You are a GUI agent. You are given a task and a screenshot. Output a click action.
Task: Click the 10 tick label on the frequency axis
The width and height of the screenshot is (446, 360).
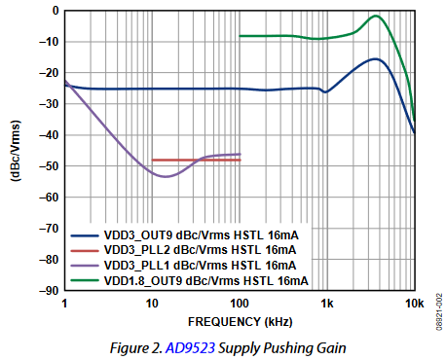click(152, 303)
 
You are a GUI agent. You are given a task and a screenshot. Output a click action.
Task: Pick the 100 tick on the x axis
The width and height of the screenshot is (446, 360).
click(240, 303)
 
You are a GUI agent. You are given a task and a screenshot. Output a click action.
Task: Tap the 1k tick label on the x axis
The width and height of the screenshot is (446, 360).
click(327, 303)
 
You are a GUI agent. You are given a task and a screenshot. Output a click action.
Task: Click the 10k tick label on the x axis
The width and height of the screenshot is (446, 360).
click(414, 303)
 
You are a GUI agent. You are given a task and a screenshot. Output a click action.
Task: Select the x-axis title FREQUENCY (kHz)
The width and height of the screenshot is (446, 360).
click(239, 319)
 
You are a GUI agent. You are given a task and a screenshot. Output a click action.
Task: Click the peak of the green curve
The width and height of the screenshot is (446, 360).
click(375, 16)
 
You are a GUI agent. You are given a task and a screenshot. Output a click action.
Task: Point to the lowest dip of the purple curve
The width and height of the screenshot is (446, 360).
click(167, 176)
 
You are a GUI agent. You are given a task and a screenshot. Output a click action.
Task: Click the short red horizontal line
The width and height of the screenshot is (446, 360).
click(195, 160)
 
